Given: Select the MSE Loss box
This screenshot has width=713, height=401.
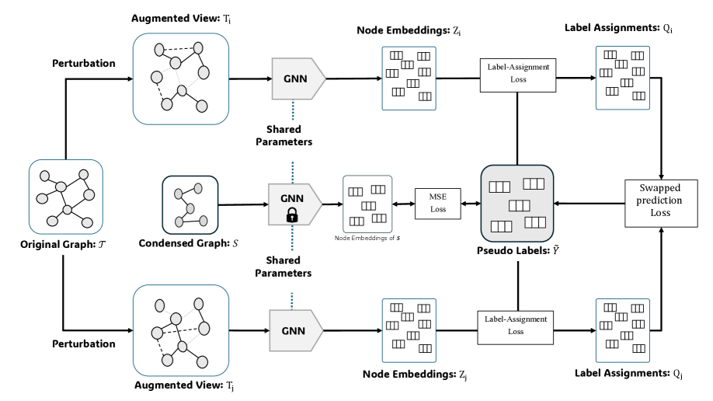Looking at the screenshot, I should click(438, 204).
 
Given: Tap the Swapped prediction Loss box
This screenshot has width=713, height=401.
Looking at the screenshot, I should click(660, 200).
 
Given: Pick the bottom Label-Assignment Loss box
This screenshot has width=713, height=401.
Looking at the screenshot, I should click(516, 325).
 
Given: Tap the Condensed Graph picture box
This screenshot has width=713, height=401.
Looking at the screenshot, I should click(190, 202).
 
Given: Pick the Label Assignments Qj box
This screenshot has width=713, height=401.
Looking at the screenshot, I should click(621, 330).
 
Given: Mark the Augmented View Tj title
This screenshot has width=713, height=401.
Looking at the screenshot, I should click(183, 384).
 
